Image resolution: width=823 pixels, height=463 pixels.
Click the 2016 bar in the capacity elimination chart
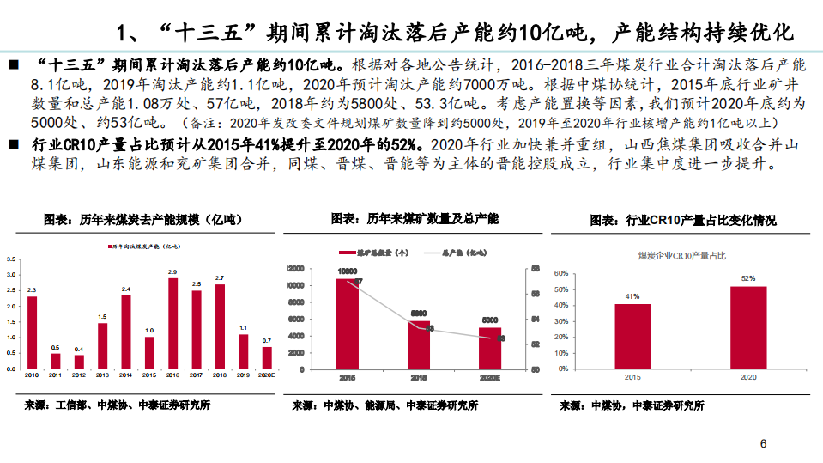172,323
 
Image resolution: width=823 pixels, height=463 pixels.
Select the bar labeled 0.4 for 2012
79,362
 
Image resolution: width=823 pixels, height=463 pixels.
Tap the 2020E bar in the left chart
267,357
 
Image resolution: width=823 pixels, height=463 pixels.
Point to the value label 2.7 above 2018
220,278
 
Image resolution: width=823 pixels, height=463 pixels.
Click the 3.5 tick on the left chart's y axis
10,259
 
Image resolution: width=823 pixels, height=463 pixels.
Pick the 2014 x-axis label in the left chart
126,375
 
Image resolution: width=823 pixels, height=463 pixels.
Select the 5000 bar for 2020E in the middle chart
490,348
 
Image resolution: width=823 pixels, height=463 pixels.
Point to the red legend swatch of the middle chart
343,253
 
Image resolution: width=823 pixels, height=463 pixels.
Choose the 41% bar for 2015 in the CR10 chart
632,336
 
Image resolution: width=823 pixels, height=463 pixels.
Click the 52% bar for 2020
748,327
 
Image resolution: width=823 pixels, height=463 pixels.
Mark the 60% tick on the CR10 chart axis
562,274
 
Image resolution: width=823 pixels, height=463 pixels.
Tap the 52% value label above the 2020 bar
748,278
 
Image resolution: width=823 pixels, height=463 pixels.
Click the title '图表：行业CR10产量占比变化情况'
682,221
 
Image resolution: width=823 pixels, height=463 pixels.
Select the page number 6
763,444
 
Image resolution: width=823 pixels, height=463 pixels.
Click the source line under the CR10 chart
632,405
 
